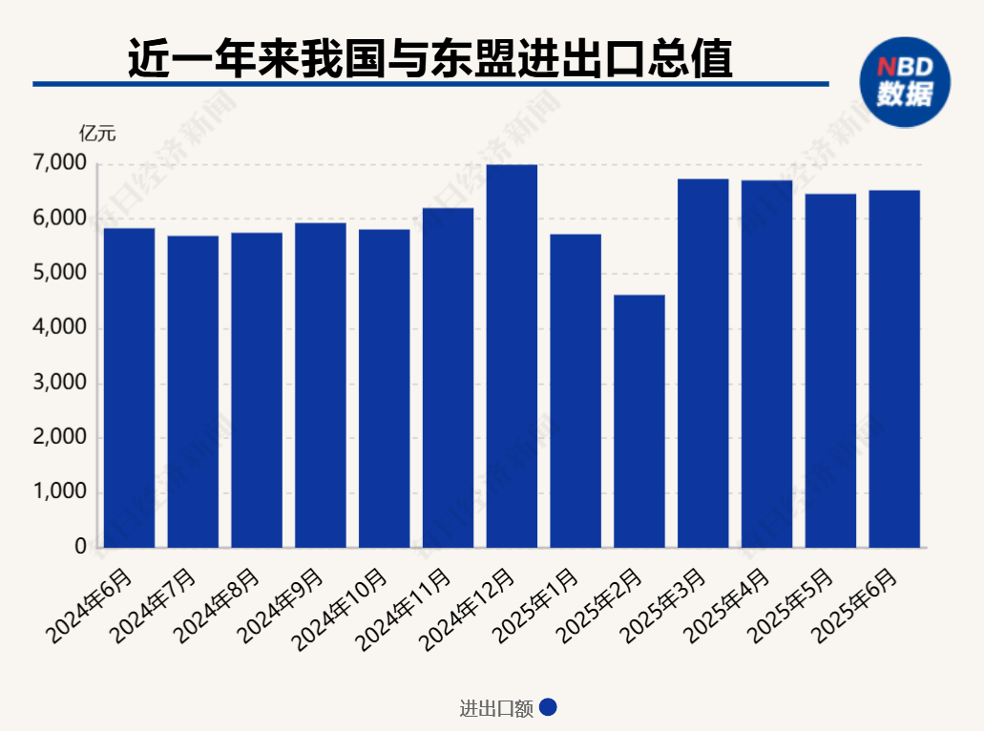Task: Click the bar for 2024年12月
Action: (512, 356)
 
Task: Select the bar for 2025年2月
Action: (639, 421)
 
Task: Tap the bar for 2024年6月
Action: (129, 387)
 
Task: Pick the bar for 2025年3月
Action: (703, 363)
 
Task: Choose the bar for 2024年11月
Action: (448, 377)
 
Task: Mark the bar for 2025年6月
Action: (894, 368)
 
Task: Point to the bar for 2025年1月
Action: (576, 390)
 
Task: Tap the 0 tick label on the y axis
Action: (80, 547)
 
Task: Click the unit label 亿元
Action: (97, 133)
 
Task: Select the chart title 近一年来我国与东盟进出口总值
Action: (430, 59)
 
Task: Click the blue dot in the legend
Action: (548, 708)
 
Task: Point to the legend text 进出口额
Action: (496, 708)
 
